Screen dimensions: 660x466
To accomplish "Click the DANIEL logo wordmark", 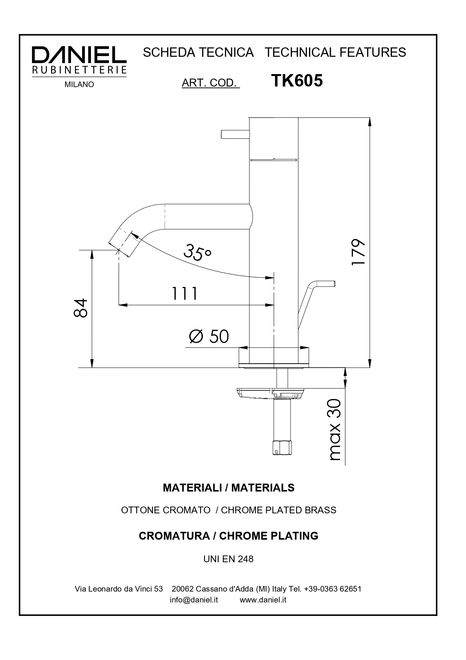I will click(x=79, y=55).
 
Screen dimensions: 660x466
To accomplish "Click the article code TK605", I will click(x=297, y=80).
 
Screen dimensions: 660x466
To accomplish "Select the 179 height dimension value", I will click(x=359, y=252).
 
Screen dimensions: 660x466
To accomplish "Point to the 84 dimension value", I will click(x=81, y=308).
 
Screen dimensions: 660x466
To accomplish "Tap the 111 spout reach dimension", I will click(x=185, y=294).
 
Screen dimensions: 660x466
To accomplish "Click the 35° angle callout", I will click(x=197, y=252).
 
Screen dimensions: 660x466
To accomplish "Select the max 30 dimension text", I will click(x=334, y=429).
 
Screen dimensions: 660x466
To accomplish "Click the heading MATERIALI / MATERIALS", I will click(x=228, y=488).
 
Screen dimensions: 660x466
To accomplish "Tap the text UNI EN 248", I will click(x=228, y=559).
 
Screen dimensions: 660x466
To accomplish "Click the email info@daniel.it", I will click(x=194, y=600).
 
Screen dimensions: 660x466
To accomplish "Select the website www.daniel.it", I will click(x=263, y=600).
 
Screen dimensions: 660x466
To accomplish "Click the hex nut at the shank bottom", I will click(x=282, y=447).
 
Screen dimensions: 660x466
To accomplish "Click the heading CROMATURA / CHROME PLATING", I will click(x=228, y=536).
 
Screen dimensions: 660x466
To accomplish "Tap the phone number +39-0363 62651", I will click(x=333, y=589).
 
